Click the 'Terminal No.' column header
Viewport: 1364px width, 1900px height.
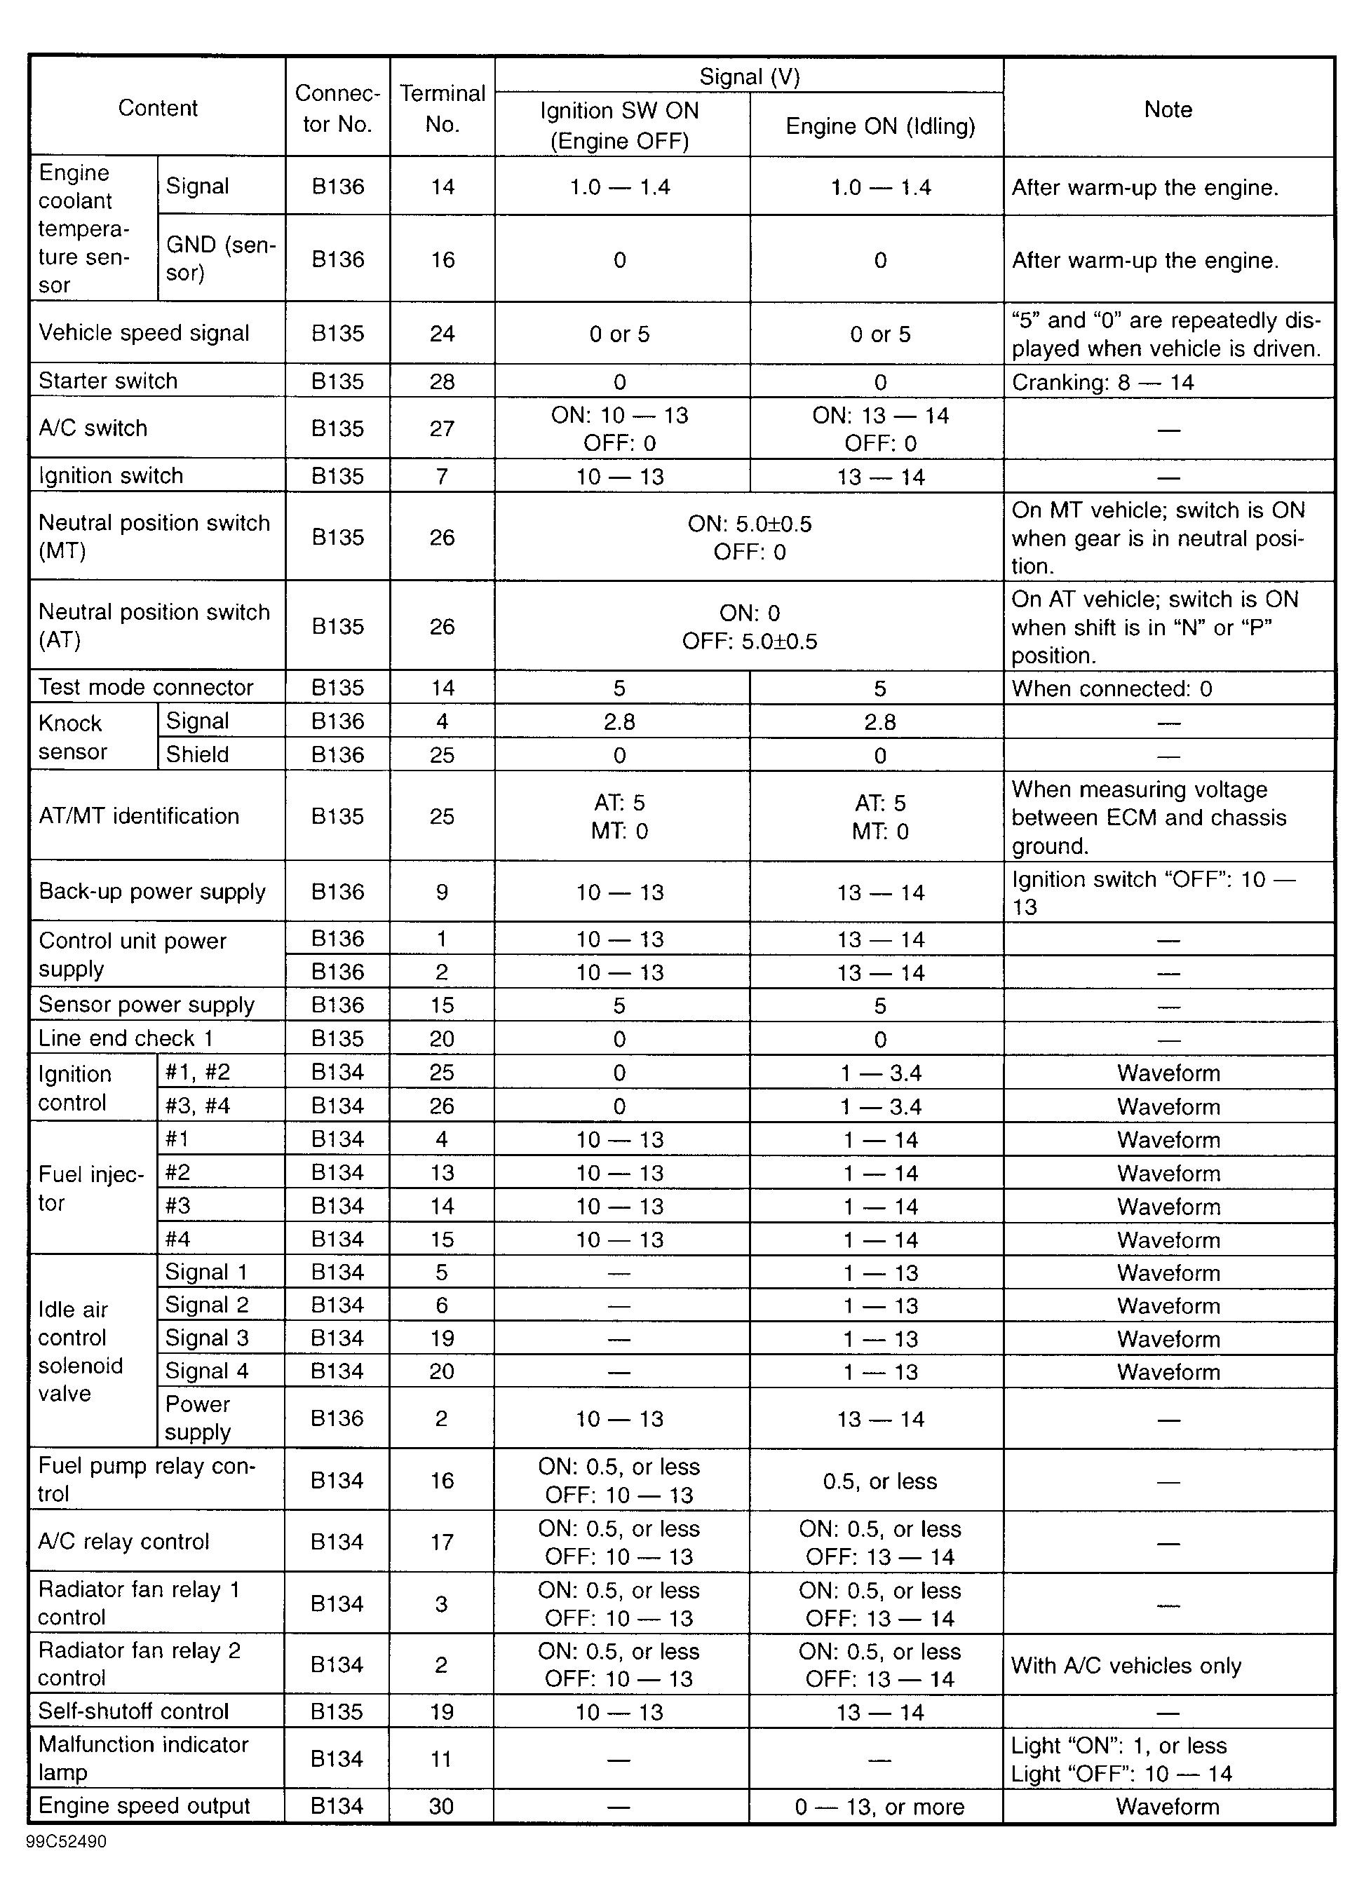pos(443,108)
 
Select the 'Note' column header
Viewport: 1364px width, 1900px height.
pos(1168,110)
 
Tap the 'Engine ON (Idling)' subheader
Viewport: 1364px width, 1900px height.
pos(879,126)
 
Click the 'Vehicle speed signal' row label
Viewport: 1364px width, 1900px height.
pos(144,334)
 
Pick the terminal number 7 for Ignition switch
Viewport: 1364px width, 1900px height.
pos(443,477)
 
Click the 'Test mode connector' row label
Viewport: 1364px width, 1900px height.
pos(146,688)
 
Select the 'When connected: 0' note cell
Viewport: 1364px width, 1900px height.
pos(1112,688)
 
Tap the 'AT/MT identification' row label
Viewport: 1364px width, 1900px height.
pos(139,816)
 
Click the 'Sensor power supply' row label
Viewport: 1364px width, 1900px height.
pos(147,1005)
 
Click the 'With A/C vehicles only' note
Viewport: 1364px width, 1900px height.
pos(1126,1665)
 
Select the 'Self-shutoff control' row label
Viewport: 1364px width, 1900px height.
pos(133,1711)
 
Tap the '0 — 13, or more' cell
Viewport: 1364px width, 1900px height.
pos(879,1806)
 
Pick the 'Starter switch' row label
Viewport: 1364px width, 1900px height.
pos(108,381)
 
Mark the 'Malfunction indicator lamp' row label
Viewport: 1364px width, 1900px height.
pos(143,1758)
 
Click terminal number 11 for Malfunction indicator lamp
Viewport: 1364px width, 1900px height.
pos(442,1758)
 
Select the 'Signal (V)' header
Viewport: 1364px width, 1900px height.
pos(749,77)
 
